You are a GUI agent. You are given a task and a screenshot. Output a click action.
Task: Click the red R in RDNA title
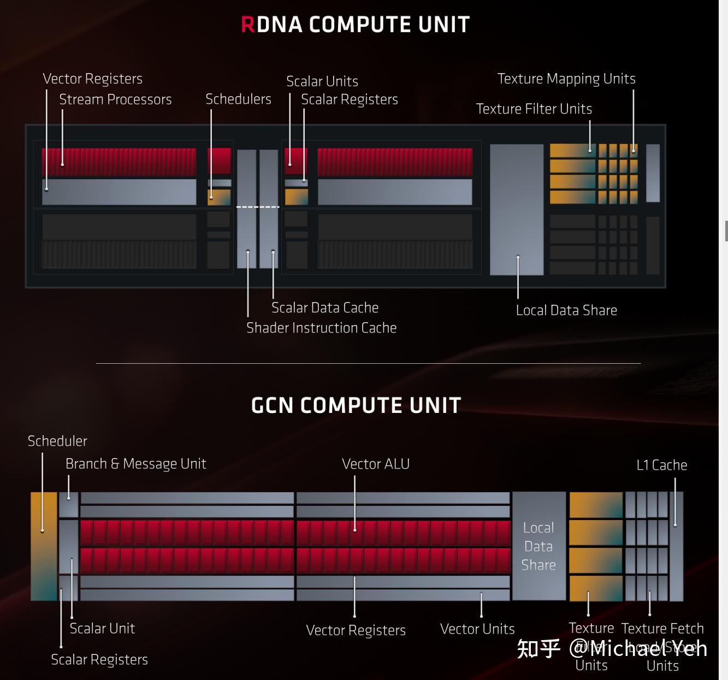[x=247, y=25]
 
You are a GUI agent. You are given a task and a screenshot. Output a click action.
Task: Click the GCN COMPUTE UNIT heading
[x=356, y=405]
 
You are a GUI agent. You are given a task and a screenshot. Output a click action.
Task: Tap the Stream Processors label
[x=115, y=99]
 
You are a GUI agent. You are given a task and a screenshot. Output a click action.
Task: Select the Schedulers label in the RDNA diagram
[x=238, y=99]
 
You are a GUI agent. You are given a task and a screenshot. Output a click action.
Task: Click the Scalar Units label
[x=322, y=81]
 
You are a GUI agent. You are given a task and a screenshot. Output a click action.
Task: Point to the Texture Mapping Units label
[x=566, y=79]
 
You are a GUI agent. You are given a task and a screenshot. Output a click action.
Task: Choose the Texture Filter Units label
[x=534, y=109]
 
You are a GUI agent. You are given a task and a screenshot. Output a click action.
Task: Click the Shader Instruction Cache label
[x=321, y=328]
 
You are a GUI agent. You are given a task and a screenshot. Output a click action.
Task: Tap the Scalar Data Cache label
[x=325, y=308]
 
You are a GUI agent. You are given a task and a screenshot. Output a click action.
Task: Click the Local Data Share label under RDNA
[x=566, y=310]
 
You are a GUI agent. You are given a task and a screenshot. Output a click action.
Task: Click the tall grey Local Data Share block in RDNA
[x=517, y=209]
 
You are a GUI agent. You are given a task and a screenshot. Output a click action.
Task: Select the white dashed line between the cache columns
[x=258, y=207]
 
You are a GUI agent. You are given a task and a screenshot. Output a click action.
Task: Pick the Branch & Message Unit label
[x=135, y=464]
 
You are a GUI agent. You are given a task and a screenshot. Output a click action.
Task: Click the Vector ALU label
[x=376, y=464]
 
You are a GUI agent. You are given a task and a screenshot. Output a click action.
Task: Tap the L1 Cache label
[x=661, y=465]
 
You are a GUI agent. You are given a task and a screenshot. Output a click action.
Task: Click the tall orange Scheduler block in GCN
[x=44, y=546]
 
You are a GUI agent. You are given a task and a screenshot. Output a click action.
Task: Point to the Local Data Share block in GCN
[x=538, y=546]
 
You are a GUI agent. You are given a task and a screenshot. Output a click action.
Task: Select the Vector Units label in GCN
[x=477, y=629]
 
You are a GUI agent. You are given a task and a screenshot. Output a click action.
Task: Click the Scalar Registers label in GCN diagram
[x=99, y=660]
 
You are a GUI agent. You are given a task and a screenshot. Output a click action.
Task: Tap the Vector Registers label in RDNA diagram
[x=92, y=79]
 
